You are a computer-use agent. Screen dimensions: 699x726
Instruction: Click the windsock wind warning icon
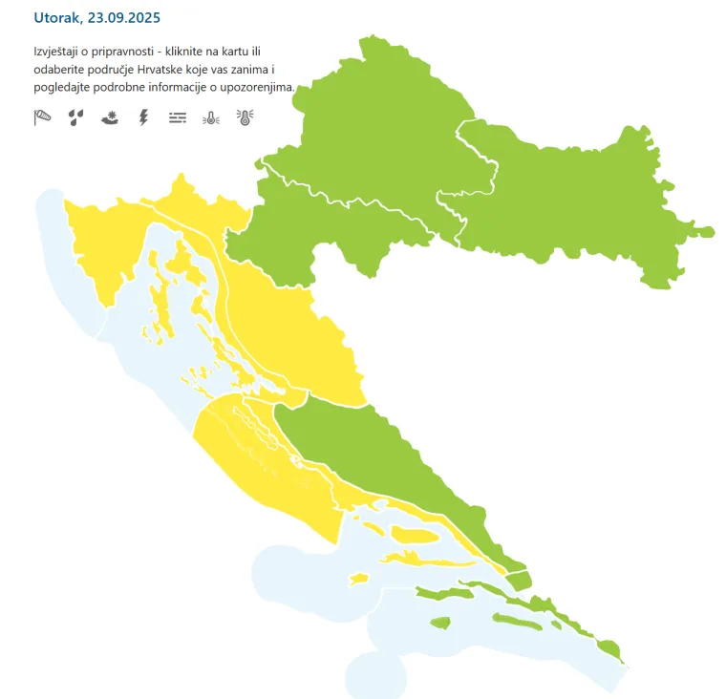[x=43, y=118]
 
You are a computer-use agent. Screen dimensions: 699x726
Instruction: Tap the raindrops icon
[x=76, y=118]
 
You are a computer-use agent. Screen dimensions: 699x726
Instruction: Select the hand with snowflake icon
[x=110, y=118]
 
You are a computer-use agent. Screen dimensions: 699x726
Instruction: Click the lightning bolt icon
[x=143, y=118]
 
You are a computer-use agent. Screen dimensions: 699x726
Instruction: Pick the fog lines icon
[x=177, y=118]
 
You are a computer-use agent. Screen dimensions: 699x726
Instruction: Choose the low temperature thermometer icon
[x=211, y=118]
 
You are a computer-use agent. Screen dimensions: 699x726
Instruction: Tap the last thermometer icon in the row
[x=245, y=118]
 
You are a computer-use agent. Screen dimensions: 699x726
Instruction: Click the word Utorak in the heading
[x=57, y=17]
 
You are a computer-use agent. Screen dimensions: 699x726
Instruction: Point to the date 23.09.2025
[x=123, y=17]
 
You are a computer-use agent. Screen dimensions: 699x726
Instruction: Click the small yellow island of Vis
[x=359, y=578]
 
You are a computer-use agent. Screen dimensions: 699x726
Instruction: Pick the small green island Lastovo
[x=439, y=624]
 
